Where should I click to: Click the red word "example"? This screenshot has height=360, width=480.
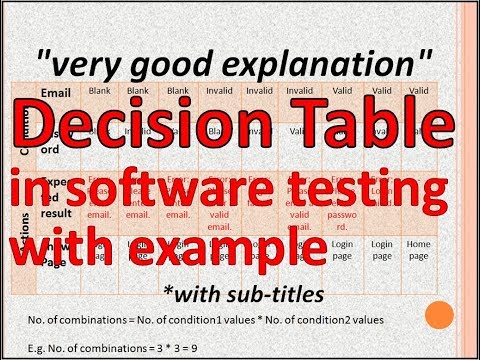[225, 245]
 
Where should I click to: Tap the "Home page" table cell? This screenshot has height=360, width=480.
[417, 249]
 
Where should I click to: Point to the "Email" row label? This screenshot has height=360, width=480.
[57, 93]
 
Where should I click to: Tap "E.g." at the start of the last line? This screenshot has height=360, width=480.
[35, 340]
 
